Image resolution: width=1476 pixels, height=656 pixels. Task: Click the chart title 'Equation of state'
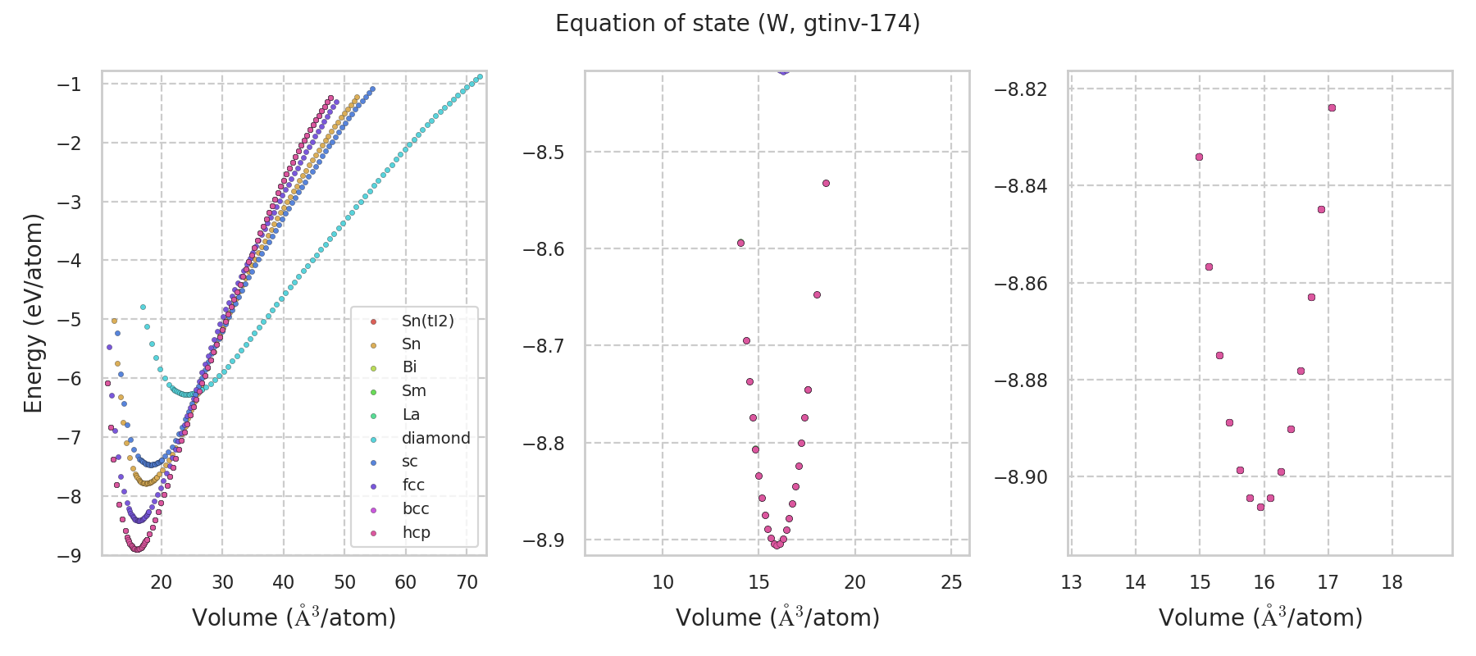[737, 24]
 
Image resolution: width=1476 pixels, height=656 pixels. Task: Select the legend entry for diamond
[435, 438]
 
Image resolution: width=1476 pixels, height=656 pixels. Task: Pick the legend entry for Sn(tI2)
[427, 321]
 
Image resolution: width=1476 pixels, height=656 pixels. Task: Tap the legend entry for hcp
[416, 532]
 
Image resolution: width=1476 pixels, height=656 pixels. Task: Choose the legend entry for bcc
[416, 508]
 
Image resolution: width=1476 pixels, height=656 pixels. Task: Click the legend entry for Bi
[409, 367]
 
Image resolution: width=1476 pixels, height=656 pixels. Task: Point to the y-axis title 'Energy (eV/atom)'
[33, 312]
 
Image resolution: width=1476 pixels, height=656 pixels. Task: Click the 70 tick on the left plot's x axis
[467, 582]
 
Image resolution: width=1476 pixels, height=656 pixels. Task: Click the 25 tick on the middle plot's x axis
[951, 582]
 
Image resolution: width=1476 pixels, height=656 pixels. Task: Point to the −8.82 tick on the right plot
[1021, 89]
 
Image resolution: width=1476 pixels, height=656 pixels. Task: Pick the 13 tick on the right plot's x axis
[1071, 582]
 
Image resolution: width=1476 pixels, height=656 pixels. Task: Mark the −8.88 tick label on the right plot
[1021, 380]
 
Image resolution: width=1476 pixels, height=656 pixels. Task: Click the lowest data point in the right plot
[1260, 507]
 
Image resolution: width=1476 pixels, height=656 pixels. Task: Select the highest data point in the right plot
[1332, 107]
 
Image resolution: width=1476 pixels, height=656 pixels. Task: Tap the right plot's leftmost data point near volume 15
[1199, 157]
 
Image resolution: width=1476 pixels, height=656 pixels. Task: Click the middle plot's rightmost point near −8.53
[826, 183]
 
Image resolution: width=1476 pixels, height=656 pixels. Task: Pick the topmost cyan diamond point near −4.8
[143, 307]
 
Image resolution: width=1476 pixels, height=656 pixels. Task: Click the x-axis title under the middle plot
[777, 617]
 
